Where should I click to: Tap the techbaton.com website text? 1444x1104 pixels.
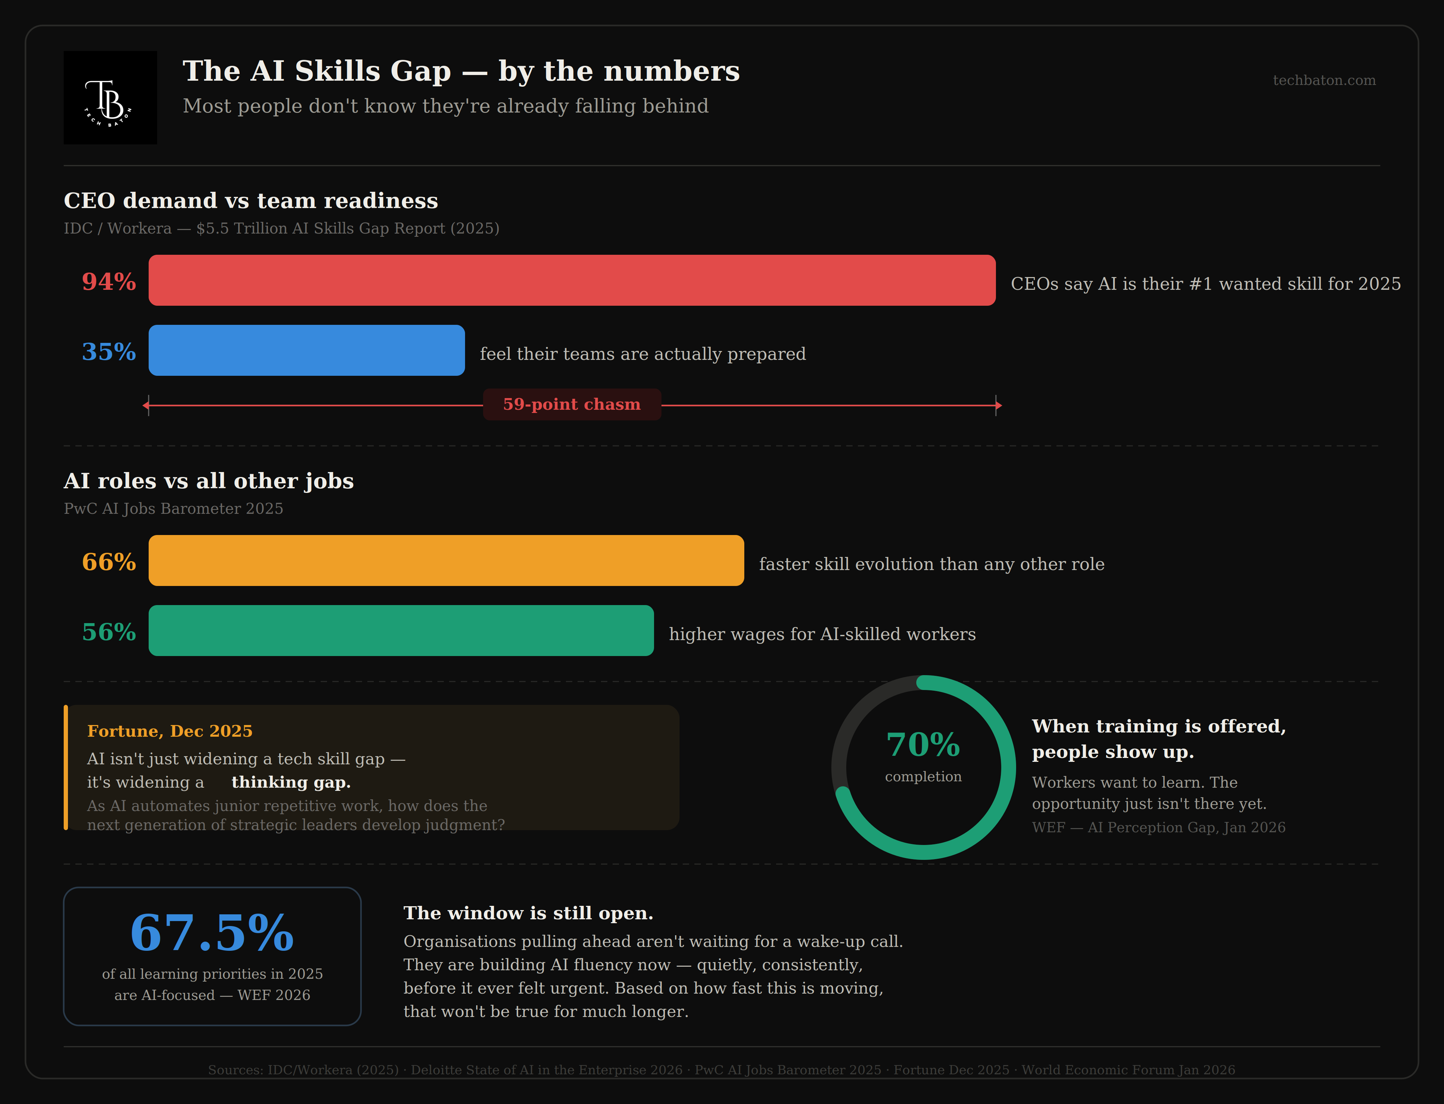1324,80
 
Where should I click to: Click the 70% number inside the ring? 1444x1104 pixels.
923,745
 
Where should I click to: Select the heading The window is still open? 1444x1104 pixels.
528,913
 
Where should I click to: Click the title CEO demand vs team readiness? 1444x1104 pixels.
251,200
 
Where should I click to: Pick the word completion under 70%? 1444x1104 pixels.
923,777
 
